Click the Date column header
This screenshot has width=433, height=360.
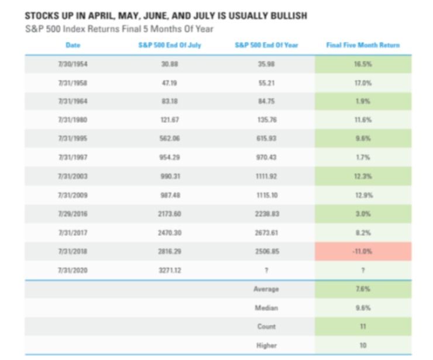(x=73, y=45)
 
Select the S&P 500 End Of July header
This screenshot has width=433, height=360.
(x=169, y=45)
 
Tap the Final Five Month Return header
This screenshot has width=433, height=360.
(x=363, y=45)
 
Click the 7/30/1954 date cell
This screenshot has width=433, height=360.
(x=73, y=64)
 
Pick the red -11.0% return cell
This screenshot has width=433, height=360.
(x=363, y=251)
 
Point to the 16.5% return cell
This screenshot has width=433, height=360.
(x=363, y=64)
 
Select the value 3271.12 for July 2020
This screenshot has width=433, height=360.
(x=169, y=270)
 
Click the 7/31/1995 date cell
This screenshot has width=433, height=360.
(x=73, y=139)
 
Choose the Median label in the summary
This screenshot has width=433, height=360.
(x=267, y=307)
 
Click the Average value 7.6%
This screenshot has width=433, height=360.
(x=363, y=289)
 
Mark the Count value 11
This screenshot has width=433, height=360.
(x=363, y=326)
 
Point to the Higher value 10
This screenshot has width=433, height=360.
(x=363, y=345)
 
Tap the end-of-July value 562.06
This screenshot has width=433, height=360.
(x=169, y=139)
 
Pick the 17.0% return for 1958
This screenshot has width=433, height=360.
(x=363, y=83)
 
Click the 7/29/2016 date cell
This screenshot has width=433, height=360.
(x=73, y=214)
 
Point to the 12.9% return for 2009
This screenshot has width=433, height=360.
(x=363, y=195)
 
